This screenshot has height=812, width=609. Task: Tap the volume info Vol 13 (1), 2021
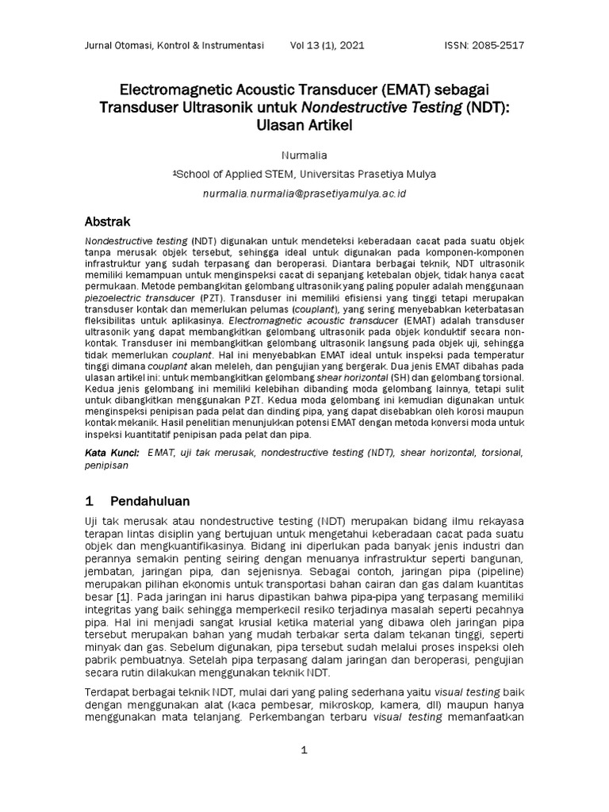[328, 45]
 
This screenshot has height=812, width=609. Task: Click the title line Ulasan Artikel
[304, 126]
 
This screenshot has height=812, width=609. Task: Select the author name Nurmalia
[304, 155]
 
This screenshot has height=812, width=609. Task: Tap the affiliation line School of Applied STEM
[304, 174]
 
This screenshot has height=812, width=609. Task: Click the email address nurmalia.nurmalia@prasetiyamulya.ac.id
[304, 193]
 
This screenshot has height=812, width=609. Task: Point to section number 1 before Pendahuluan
[90, 502]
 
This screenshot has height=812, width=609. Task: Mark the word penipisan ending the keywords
[106, 466]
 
